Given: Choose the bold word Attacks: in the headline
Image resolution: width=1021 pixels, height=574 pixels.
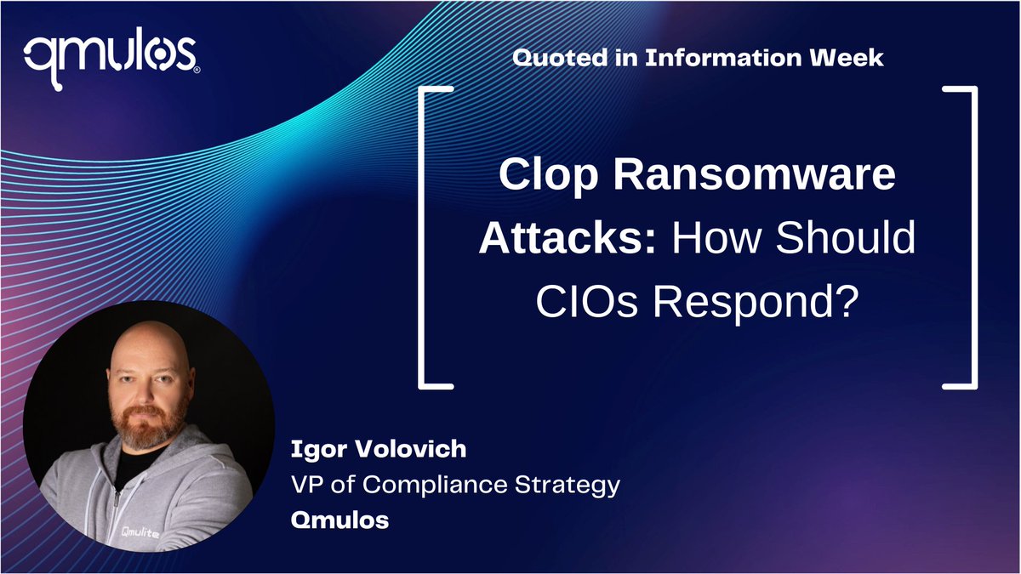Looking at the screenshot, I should click(x=568, y=239).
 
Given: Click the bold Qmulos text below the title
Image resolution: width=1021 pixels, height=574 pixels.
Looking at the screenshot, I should click(x=339, y=520).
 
